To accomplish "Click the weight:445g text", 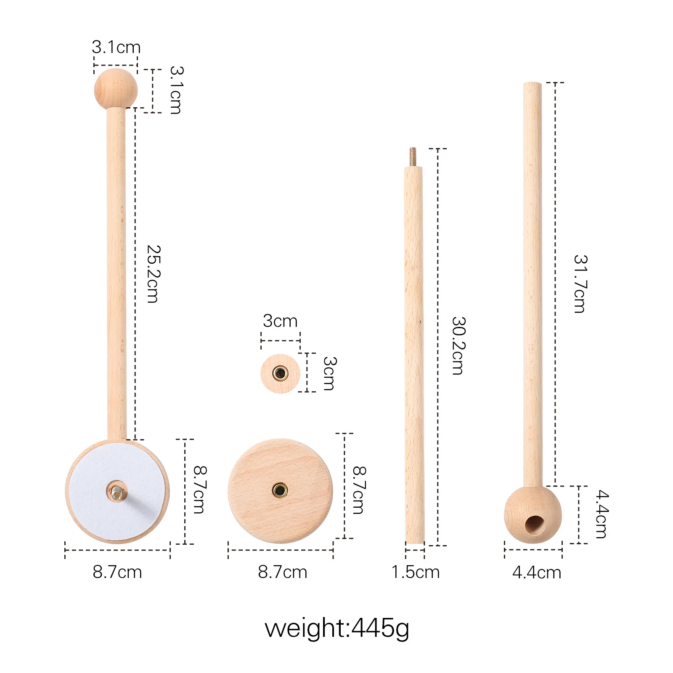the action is (x=336, y=628).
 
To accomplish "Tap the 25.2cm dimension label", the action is (x=154, y=274).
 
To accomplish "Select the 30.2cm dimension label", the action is (x=458, y=345).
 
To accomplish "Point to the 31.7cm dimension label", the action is (x=580, y=284).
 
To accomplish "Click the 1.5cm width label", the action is (x=415, y=572).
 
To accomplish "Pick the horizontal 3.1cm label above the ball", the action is (x=116, y=47).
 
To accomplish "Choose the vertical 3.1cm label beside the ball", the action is (x=176, y=90).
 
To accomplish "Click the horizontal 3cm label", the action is (x=280, y=321).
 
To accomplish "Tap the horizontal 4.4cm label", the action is (x=536, y=572).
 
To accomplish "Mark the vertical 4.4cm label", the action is (x=602, y=514).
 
